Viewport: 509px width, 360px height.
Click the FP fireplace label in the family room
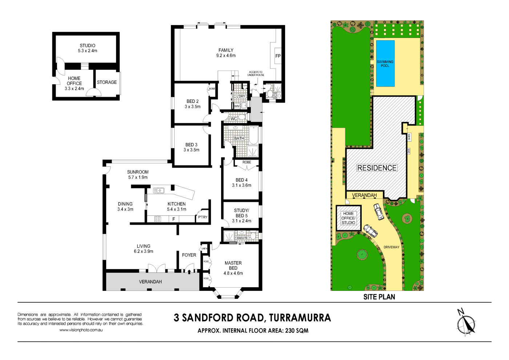tap(278, 56)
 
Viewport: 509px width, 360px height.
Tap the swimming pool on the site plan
tap(385, 64)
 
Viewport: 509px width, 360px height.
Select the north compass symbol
tap(466, 322)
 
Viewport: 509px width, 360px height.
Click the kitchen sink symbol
tap(159, 190)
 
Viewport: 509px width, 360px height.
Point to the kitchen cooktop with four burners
tap(158, 219)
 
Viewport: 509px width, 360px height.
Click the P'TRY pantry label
tap(203, 217)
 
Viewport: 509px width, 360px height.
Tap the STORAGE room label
tap(107, 83)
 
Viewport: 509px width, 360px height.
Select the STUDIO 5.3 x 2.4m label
tap(88, 48)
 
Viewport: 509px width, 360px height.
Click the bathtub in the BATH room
tap(253, 135)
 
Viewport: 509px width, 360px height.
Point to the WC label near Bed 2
tap(234, 119)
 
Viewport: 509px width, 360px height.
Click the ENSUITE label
tap(242, 238)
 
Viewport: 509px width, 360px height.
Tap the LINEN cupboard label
tap(204, 249)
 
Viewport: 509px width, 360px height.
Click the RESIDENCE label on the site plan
tap(377, 168)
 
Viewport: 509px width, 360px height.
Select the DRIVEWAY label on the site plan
tap(391, 247)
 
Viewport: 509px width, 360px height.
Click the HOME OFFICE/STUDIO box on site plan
tap(348, 218)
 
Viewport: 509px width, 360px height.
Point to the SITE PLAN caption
tap(379, 297)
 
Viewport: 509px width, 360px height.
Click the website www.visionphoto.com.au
tap(81, 330)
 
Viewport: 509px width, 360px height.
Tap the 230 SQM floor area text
tap(297, 331)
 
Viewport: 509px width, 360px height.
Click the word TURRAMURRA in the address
tap(300, 318)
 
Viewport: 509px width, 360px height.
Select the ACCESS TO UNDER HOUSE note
tap(256, 73)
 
